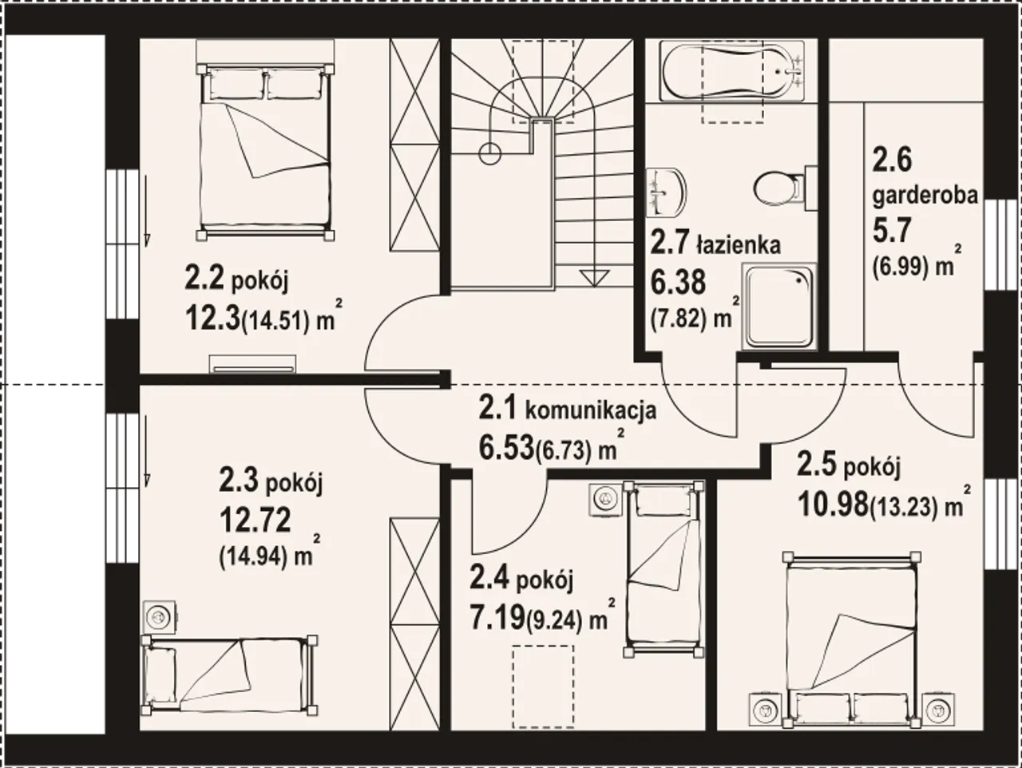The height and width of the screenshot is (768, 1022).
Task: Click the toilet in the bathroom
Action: pyautogui.click(x=785, y=188)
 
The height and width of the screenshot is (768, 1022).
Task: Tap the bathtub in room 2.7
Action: pyautogui.click(x=731, y=71)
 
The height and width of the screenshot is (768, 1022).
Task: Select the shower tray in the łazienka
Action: pyautogui.click(x=778, y=306)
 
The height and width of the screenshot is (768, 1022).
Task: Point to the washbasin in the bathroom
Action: pyautogui.click(x=667, y=192)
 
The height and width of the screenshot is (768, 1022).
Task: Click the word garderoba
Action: pyautogui.click(x=925, y=196)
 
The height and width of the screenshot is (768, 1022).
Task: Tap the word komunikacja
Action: pyautogui.click(x=591, y=410)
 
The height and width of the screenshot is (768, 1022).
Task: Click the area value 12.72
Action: pyautogui.click(x=255, y=520)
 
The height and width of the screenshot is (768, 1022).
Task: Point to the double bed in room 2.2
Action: pyautogui.click(x=266, y=149)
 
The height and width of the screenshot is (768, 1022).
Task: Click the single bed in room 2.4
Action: pyautogui.click(x=663, y=570)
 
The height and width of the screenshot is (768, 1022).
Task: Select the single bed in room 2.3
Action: pyautogui.click(x=229, y=682)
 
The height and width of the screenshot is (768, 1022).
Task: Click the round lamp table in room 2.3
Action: pyautogui.click(x=160, y=617)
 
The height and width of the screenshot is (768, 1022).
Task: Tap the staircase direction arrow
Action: pyautogui.click(x=595, y=279)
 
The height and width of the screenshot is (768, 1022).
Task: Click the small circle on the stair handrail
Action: pyautogui.click(x=489, y=153)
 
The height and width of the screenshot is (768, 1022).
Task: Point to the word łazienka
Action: pyautogui.click(x=739, y=245)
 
